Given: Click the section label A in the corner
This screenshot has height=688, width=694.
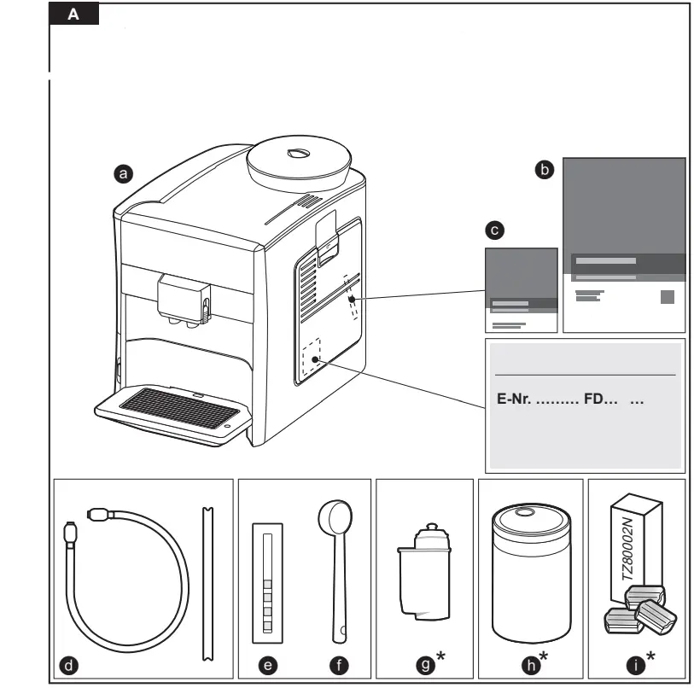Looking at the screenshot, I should (74, 15).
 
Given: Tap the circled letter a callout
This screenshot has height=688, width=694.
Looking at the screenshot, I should (125, 172).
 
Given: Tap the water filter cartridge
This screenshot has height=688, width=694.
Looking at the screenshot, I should (424, 568).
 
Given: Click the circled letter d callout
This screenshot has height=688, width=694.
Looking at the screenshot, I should (68, 663).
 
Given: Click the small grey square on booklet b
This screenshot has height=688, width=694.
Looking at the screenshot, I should (668, 297).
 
